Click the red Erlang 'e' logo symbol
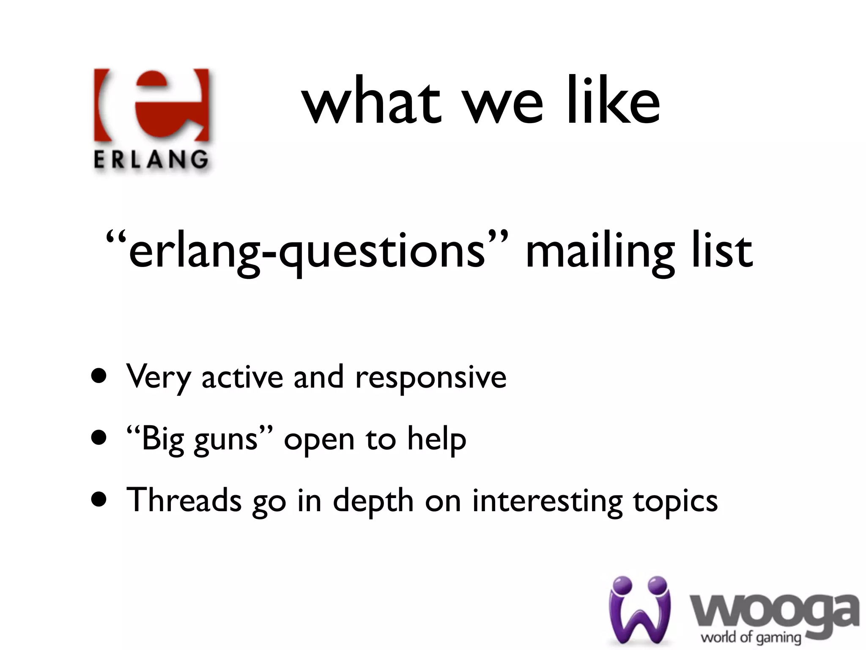point(151,105)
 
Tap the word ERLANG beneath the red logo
point(151,160)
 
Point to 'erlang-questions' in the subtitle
point(307,251)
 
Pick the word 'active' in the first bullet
point(242,377)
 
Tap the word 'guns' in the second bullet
point(226,440)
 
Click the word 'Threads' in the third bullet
point(184,500)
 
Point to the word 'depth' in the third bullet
point(373,501)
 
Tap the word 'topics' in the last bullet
point(675,502)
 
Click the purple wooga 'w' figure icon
point(640,609)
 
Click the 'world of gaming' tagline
point(751,637)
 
